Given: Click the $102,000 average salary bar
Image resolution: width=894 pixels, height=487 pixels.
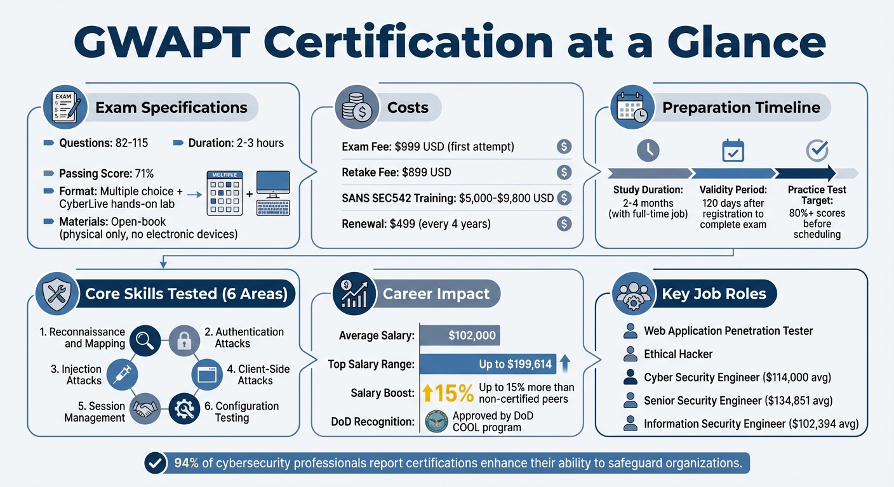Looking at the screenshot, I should tap(458, 335).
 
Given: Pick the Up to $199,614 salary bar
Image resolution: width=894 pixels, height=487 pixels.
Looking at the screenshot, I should tap(488, 364).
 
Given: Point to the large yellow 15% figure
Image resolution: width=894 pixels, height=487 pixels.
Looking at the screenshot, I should tap(448, 394).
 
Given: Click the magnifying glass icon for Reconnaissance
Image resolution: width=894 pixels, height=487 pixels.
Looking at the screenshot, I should tap(145, 340).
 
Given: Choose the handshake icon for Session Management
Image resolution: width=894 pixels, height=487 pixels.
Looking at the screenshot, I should tap(145, 409).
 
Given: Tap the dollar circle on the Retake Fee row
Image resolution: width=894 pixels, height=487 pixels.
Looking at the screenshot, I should tap(564, 172).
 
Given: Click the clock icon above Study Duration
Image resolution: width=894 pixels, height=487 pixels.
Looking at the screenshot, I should tap(648, 150).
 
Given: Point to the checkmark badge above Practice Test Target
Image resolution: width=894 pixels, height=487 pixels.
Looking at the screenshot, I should tap(817, 150).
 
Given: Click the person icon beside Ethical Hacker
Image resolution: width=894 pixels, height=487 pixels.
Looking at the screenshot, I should tap(630, 354).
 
